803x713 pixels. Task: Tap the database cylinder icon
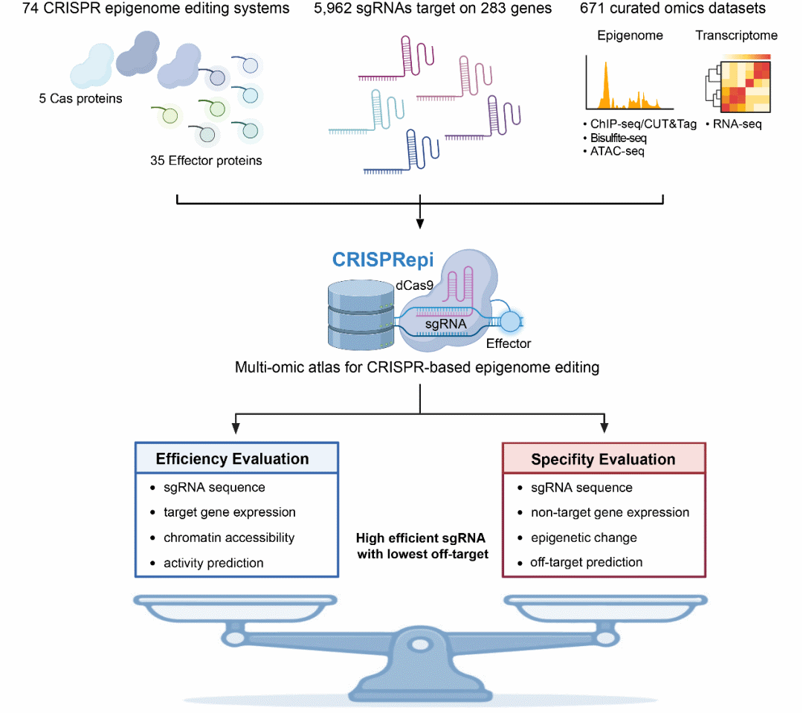tap(360, 315)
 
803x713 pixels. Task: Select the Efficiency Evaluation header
tap(232, 459)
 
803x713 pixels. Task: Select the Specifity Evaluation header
tap(603, 459)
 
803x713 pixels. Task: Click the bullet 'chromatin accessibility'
tap(229, 538)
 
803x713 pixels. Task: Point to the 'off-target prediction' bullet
tap(586, 563)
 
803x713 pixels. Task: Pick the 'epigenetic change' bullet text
tap(584, 538)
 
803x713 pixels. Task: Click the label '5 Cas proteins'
tap(80, 98)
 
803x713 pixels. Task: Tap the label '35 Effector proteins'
tap(206, 161)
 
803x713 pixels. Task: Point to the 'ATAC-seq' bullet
tap(617, 152)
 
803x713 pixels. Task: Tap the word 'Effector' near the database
tap(509, 343)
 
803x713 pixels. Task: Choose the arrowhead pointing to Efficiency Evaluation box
tap(236, 428)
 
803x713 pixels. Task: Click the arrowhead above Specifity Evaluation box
tap(604, 428)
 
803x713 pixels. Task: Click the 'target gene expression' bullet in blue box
tap(230, 512)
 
